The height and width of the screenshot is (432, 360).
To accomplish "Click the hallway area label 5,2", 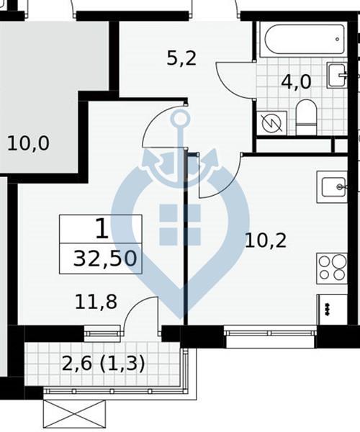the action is point(181,58).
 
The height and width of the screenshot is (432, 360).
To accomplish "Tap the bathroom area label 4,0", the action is point(296,82).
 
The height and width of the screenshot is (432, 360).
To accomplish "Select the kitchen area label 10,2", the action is point(266,240).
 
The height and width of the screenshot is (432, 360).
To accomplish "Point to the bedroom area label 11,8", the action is point(96,302).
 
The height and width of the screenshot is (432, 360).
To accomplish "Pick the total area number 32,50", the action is point(105,259).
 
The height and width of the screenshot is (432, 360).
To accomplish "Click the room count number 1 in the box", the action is point(102,228).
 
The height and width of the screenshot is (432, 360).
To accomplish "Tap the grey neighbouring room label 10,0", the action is point(28,143).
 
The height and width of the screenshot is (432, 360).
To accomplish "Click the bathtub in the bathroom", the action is point(305,40).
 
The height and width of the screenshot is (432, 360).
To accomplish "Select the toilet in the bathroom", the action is point(306,117).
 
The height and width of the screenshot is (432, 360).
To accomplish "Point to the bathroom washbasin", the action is point(336,75).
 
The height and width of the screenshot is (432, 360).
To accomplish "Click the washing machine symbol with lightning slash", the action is point(271,123).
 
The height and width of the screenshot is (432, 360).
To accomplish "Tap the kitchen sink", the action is point(332,186).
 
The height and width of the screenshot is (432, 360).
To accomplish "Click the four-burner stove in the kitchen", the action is point(332,269).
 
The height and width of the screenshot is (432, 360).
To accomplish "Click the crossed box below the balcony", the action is point(74,414).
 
